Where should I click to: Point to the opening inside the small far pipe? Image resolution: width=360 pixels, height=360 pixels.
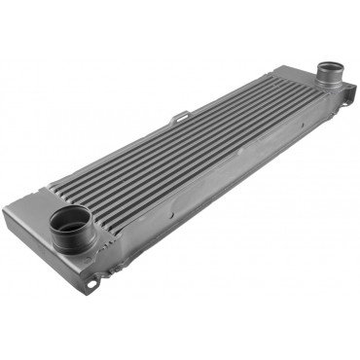[x=331, y=70]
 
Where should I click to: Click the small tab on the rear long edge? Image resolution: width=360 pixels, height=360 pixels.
[x=179, y=119]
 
